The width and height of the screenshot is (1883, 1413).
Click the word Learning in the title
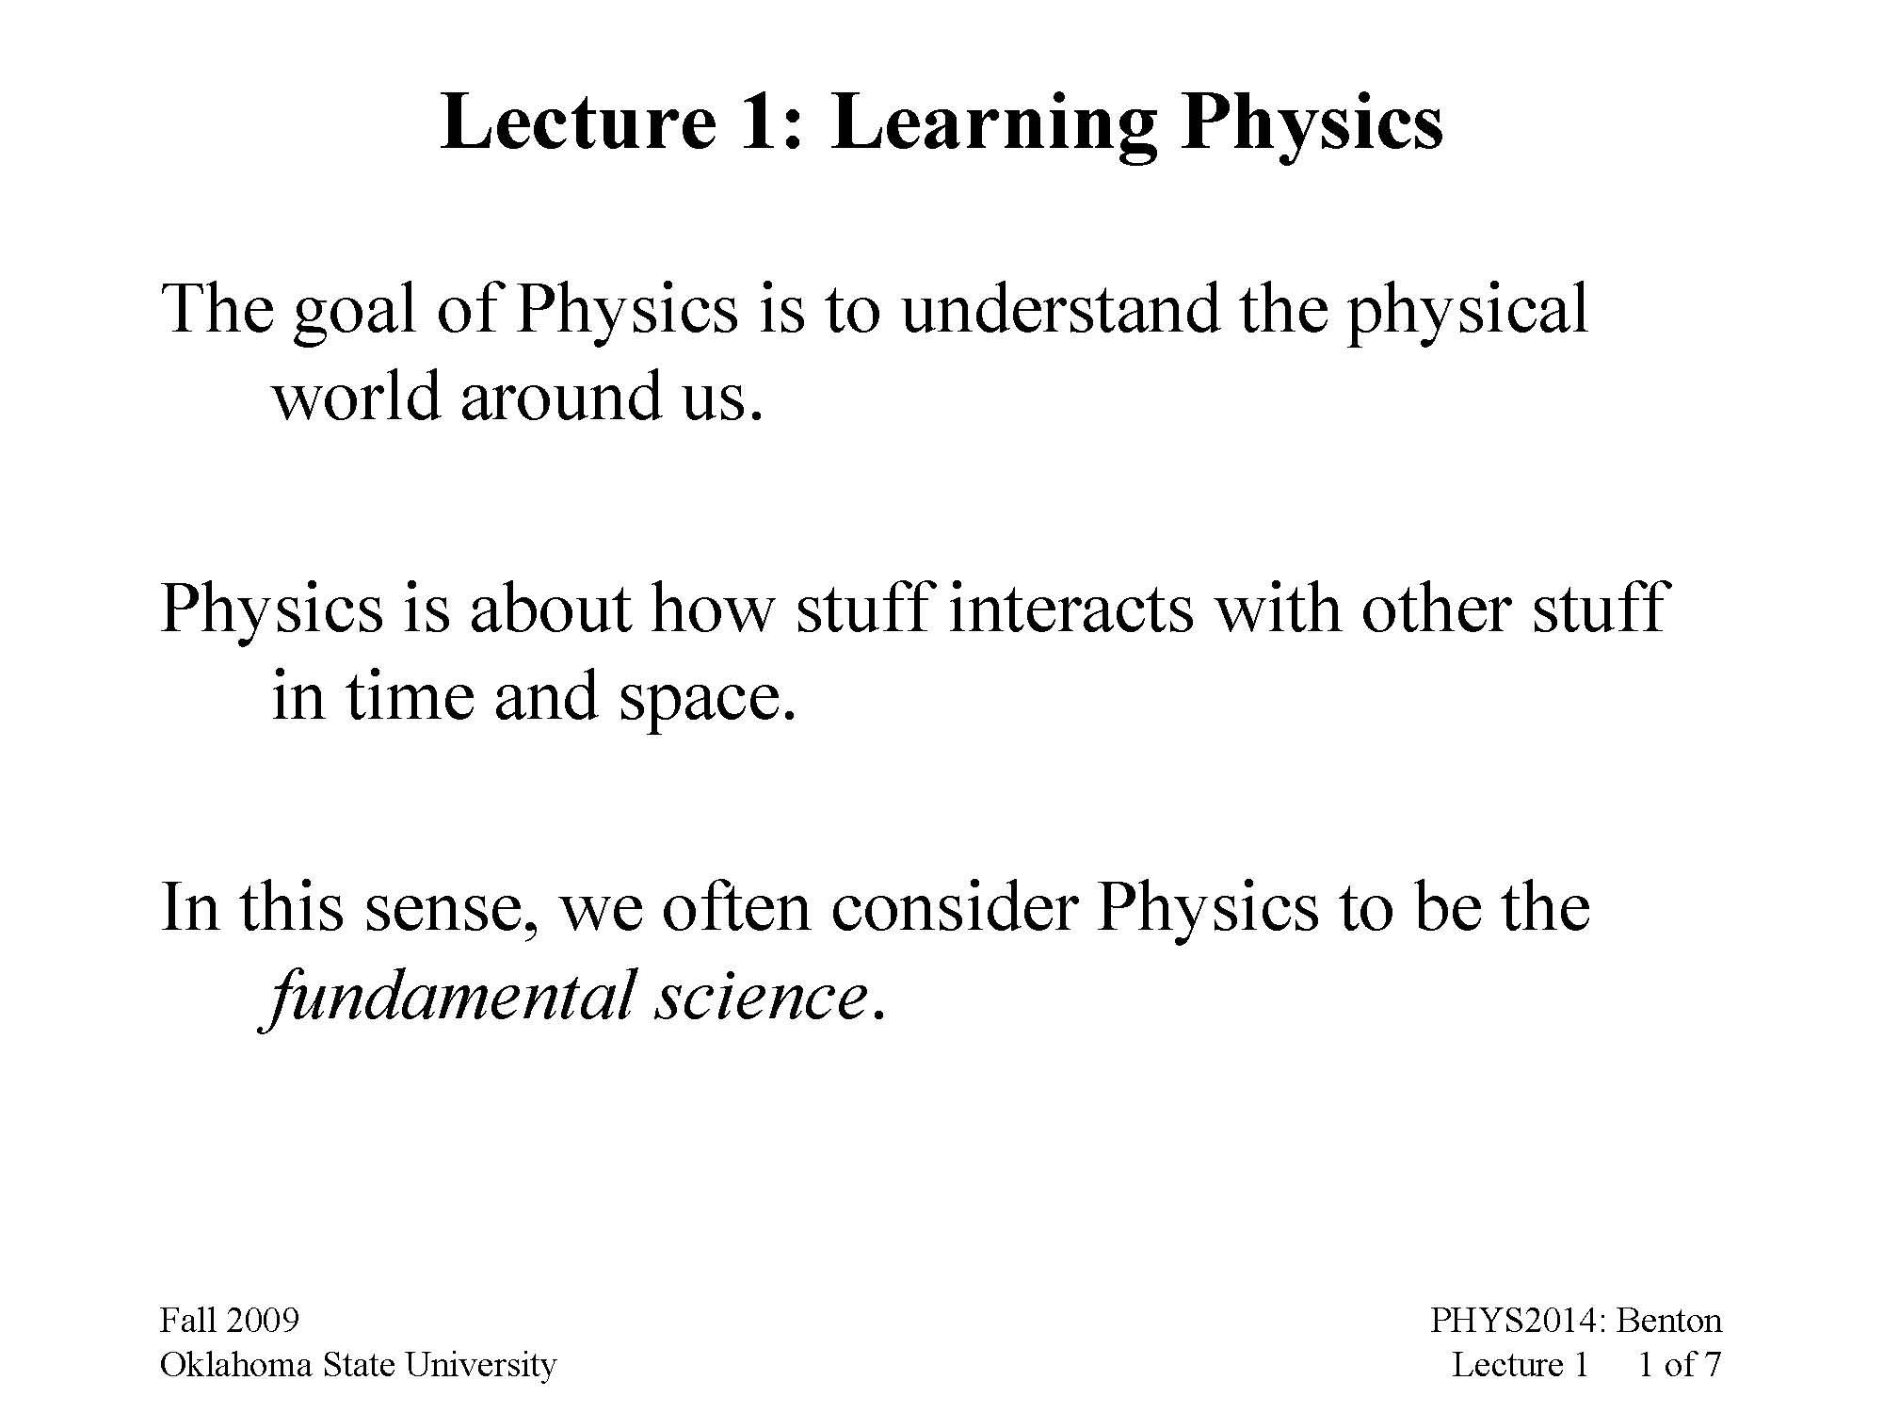(993, 122)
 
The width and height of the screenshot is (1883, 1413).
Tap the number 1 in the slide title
(760, 122)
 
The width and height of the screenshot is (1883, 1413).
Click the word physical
(1467, 311)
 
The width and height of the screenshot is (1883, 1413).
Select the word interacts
(1070, 608)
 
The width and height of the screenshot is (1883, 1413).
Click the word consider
(953, 907)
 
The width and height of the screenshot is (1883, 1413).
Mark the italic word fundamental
(449, 997)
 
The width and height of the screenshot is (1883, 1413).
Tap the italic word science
(760, 997)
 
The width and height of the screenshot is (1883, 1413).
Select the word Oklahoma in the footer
(235, 1365)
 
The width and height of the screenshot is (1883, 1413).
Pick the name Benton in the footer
(1668, 1321)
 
